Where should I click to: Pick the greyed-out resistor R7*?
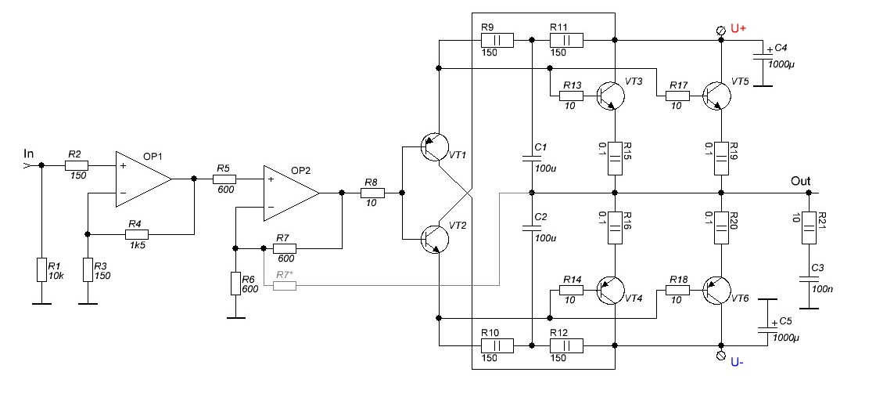(x=285, y=286)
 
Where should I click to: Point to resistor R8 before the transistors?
(x=372, y=192)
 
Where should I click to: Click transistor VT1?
(x=432, y=148)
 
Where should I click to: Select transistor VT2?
(x=432, y=237)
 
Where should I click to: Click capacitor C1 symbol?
(x=531, y=159)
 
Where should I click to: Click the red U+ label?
(x=739, y=29)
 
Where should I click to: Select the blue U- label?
(x=738, y=362)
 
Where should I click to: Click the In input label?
(x=30, y=154)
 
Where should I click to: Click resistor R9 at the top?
(x=497, y=39)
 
